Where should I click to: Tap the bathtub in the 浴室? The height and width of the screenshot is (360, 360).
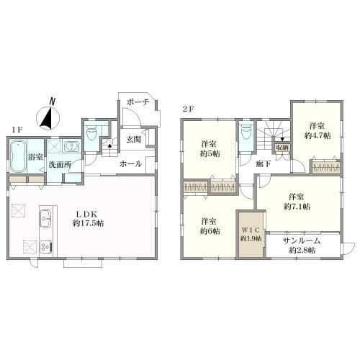point(18,156)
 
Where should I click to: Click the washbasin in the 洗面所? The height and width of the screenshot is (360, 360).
point(72,146)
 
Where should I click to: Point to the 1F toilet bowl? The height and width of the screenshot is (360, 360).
point(91,134)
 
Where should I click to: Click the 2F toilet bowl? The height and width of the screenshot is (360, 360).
point(246,133)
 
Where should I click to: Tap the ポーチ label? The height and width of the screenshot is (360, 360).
point(138,102)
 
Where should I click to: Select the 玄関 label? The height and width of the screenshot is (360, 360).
point(134,140)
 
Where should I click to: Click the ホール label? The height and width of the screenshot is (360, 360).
point(130,164)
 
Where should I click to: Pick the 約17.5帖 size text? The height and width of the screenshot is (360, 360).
point(89,223)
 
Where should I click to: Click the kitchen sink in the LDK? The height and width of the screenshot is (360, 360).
point(45,218)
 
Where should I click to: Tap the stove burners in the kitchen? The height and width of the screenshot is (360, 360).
point(45,247)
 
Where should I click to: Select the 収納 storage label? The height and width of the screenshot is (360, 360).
point(282,147)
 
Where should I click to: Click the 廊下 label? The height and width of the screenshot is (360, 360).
point(264,164)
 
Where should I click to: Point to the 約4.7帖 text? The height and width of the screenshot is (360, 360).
point(318,135)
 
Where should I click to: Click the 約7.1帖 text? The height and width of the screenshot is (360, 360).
point(297,207)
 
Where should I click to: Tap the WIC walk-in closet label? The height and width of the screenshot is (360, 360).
point(251,230)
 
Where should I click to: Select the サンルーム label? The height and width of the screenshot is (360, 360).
point(302,240)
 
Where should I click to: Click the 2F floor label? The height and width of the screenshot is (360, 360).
point(188,109)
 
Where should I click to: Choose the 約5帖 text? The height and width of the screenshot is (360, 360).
point(210,153)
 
